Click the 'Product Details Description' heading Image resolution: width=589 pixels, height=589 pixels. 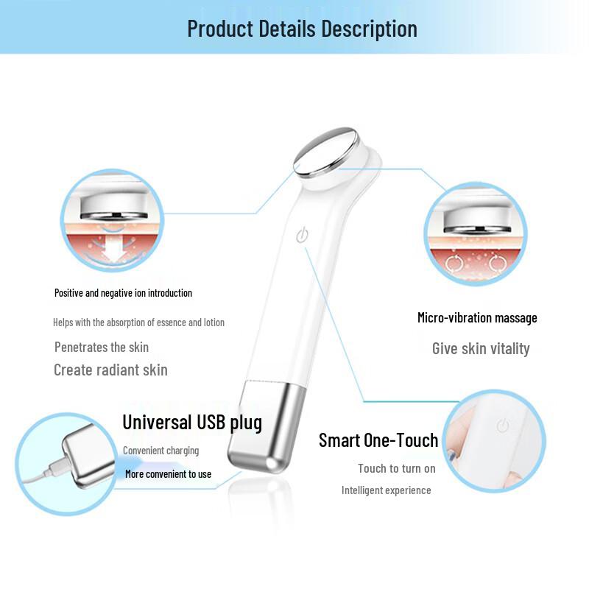tap(302, 29)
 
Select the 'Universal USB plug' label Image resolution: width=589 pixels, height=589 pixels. tap(192, 423)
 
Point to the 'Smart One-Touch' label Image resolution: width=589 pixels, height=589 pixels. tap(378, 440)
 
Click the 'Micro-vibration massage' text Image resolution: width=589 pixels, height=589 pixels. tap(477, 318)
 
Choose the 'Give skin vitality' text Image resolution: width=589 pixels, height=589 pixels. tap(481, 349)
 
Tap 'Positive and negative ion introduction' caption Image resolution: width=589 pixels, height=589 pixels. tap(123, 293)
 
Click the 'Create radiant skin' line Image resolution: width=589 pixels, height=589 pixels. tap(110, 370)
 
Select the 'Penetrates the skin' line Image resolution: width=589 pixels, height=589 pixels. tap(102, 347)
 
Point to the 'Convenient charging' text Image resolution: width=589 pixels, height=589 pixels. tap(161, 451)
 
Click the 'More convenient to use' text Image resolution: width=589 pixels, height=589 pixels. tap(168, 474)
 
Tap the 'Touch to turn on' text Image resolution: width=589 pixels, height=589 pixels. tap(396, 468)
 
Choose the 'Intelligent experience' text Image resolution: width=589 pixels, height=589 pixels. tap(386, 490)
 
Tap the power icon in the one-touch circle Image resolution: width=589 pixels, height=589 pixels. tap(503, 426)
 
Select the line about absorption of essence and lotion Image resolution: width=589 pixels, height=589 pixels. tap(138, 322)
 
